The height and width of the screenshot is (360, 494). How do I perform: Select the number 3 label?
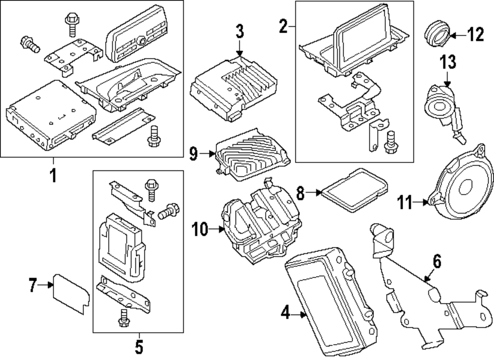click(x=239, y=33)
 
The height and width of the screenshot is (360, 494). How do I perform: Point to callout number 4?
click(x=286, y=313)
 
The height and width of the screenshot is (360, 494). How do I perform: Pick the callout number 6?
click(x=437, y=261)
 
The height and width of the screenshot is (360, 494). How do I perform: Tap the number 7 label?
click(x=33, y=285)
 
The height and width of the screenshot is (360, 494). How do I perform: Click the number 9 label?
click(x=193, y=154)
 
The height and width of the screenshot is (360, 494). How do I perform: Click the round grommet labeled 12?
click(x=436, y=34)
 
